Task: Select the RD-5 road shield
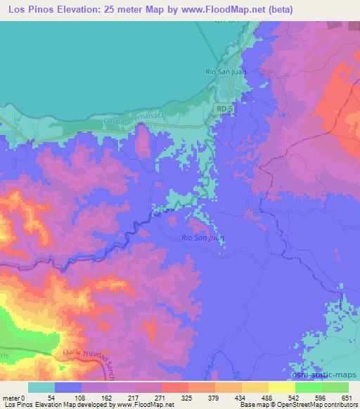click(x=224, y=110)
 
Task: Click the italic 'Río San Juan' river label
click(x=205, y=238)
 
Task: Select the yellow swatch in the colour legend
click(x=282, y=388)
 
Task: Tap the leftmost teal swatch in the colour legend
click(x=42, y=388)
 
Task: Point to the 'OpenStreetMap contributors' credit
click(x=320, y=404)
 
